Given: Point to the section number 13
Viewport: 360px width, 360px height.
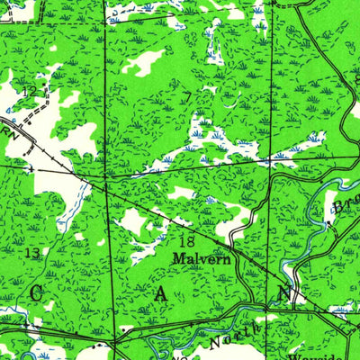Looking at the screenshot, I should pyautogui.click(x=31, y=255).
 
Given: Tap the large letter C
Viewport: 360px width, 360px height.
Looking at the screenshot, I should pyautogui.click(x=37, y=292).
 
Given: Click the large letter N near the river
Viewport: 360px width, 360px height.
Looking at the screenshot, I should pyautogui.click(x=283, y=294).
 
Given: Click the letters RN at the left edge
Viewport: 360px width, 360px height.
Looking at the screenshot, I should pyautogui.click(x=11, y=131).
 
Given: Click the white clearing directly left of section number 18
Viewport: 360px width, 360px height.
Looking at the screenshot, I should pyautogui.click(x=133, y=221).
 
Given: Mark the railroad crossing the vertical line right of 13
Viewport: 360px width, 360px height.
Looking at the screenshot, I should pyautogui.click(x=107, y=185).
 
